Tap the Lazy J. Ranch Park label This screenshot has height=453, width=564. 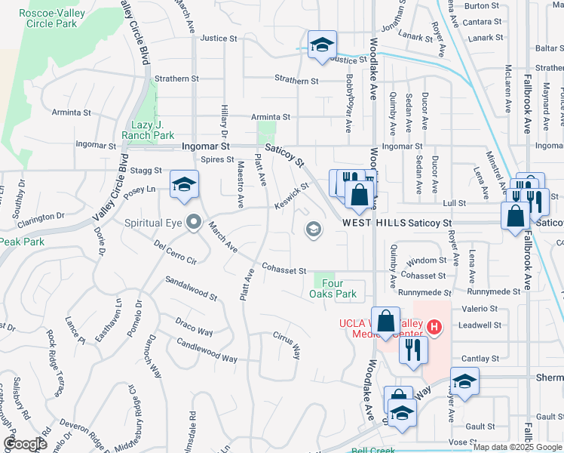[x=148, y=130]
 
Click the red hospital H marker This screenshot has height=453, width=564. [x=434, y=327]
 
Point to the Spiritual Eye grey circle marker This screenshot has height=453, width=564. [x=194, y=223]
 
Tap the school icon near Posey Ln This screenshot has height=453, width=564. [x=185, y=186]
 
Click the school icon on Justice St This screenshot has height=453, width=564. [x=321, y=45]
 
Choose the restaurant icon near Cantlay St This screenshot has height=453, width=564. [x=413, y=350]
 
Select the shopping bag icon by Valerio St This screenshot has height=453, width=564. [x=385, y=320]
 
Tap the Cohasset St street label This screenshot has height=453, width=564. [x=284, y=270]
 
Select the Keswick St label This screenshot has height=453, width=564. [x=292, y=196]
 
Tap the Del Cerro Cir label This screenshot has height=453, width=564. [x=175, y=254]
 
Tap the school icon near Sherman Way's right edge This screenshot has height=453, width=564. [x=464, y=381]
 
